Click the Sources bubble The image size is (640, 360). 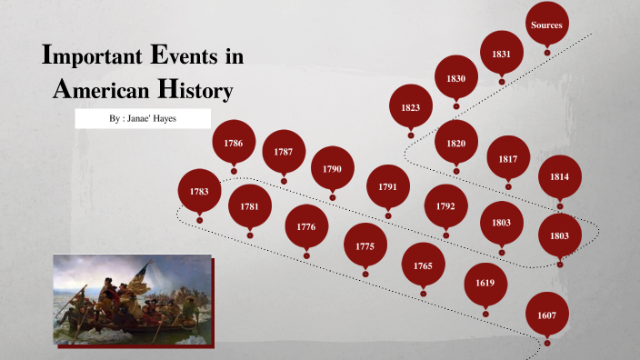pos(546,25)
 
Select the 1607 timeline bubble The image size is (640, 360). pos(547,315)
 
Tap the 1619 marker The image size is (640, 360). pos(485,284)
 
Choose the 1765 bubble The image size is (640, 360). pos(423,265)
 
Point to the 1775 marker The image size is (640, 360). pos(365,245)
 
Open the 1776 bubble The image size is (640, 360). pos(306,226)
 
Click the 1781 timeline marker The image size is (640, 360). pos(249,206)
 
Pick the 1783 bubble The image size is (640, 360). pos(199,191)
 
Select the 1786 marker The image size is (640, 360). pos(234,143)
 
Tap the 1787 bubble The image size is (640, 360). pos(284,152)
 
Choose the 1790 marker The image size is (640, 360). pos(332,168)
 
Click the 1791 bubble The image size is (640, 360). pos(388,186)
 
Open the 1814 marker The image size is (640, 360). pos(559,176)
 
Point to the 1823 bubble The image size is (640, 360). pos(410,107)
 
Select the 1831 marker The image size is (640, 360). pos(501,54)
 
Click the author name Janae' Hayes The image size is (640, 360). pos(159,119)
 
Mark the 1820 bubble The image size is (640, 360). pos(456,143)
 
